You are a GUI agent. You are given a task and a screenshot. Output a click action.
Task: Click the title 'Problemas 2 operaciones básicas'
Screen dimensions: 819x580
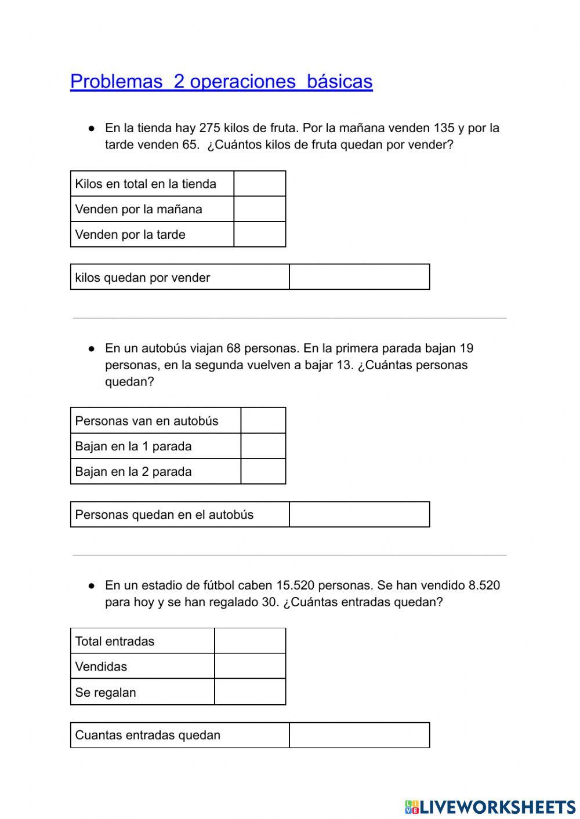[221, 81]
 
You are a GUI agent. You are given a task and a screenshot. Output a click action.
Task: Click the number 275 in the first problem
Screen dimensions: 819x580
[209, 128]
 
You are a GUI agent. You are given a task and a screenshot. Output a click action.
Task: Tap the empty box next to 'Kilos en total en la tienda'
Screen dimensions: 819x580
[259, 184]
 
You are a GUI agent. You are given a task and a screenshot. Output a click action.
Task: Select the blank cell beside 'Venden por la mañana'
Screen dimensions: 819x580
[259, 209]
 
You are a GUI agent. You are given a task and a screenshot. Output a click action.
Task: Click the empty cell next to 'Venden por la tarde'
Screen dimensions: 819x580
[259, 235]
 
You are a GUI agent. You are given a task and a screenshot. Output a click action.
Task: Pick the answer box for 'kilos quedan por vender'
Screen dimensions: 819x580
[359, 277]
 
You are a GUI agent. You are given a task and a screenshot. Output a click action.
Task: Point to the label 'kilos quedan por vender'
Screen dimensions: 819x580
[143, 278]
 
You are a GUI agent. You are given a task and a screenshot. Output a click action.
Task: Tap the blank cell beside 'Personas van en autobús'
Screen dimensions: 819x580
[263, 421]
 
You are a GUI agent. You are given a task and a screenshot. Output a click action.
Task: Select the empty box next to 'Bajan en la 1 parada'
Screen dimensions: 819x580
[263, 446]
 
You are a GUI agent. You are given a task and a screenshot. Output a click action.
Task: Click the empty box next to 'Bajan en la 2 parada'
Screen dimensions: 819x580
[263, 472]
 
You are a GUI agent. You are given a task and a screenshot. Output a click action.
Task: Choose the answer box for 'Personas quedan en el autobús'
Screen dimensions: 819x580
[359, 515]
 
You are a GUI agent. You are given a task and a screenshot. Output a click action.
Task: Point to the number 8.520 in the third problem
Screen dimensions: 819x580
[484, 585]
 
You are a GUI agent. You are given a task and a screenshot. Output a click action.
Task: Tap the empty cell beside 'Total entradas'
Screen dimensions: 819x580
[250, 641]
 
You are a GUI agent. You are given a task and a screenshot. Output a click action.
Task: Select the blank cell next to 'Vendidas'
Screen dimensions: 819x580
[250, 667]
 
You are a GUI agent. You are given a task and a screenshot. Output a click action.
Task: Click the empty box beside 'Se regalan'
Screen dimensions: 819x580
[250, 692]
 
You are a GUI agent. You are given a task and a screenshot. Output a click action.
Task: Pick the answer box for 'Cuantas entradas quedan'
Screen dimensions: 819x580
[359, 735]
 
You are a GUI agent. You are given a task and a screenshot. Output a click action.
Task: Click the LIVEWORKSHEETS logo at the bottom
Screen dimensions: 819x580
[490, 807]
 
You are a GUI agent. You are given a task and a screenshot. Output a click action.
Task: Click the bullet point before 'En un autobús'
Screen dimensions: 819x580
[91, 349]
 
